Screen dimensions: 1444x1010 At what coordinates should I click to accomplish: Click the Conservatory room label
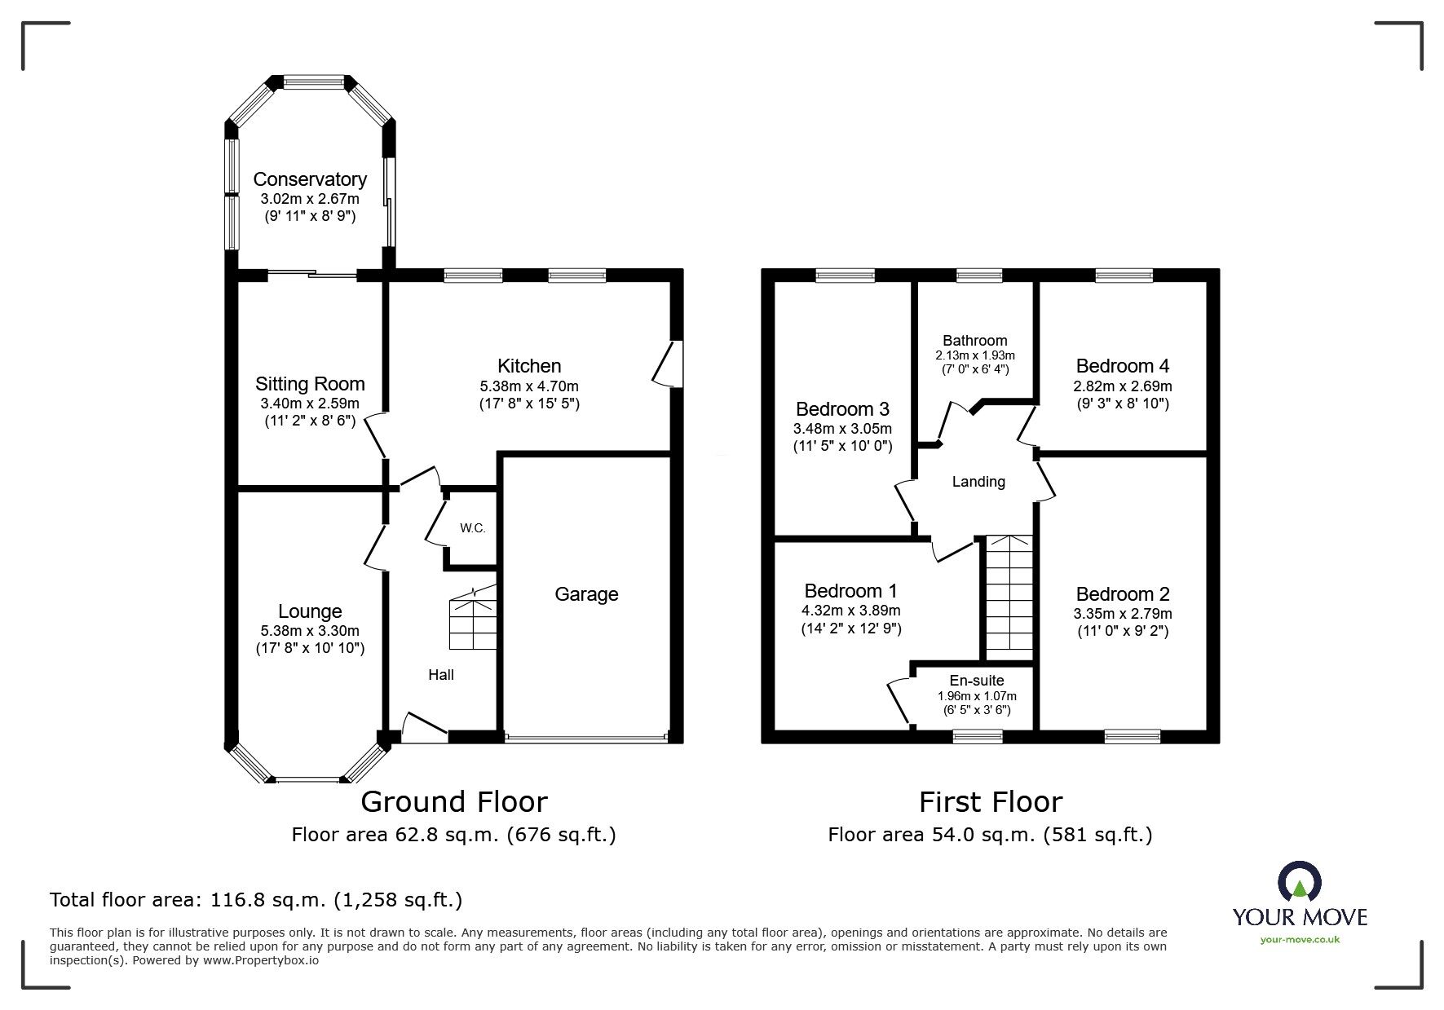pos(310,179)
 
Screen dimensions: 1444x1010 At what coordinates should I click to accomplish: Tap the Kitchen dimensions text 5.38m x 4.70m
pos(530,386)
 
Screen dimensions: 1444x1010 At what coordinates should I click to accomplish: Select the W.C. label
pos(473,528)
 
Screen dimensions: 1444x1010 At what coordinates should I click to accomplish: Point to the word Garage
pos(586,594)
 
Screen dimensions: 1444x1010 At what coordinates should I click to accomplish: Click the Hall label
pos(441,675)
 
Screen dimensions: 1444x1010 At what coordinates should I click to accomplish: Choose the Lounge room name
pos(310,611)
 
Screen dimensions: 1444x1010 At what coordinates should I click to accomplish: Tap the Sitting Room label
pos(310,384)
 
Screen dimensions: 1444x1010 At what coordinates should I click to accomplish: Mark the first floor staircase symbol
pos(1010,598)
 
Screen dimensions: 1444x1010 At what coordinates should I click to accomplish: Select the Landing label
pos(978,482)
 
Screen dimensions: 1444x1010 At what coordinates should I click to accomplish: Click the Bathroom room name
pos(975,341)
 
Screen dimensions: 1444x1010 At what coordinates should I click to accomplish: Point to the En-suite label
pos(977,681)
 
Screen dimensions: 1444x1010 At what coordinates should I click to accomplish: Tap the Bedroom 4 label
pos(1123,366)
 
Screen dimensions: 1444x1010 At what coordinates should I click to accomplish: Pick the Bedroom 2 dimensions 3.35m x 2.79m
pos(1123,614)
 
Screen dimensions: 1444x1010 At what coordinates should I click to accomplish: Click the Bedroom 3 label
pos(842,409)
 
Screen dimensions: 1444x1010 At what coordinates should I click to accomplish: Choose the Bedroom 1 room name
pos(851,590)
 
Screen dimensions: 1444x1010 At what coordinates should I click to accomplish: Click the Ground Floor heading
pos(453,802)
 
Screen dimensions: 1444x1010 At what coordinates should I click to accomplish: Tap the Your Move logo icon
pos(1299,883)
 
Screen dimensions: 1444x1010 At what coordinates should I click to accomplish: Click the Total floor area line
pos(256,901)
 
